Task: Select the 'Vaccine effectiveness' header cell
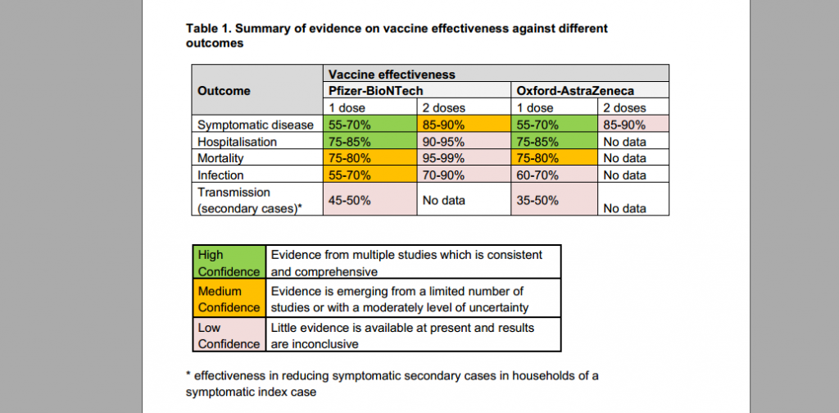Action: coord(496,74)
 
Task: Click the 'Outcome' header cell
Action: coord(257,90)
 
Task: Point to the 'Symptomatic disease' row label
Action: coord(256,125)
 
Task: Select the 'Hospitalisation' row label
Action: coord(237,142)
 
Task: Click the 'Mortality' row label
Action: coord(220,158)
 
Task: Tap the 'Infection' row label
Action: coord(220,175)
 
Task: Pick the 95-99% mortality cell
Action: coord(464,158)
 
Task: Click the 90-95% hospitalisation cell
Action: coord(464,142)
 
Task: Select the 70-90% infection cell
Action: coord(464,175)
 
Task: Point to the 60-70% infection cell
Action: coord(555,175)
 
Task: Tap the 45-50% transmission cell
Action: coord(370,199)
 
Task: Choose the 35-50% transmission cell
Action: coord(555,199)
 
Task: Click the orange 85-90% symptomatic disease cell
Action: coord(464,125)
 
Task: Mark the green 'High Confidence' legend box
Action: coord(229,262)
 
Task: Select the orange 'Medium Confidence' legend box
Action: coord(229,298)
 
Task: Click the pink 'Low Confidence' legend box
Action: coord(229,335)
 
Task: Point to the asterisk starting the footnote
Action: coord(188,374)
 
